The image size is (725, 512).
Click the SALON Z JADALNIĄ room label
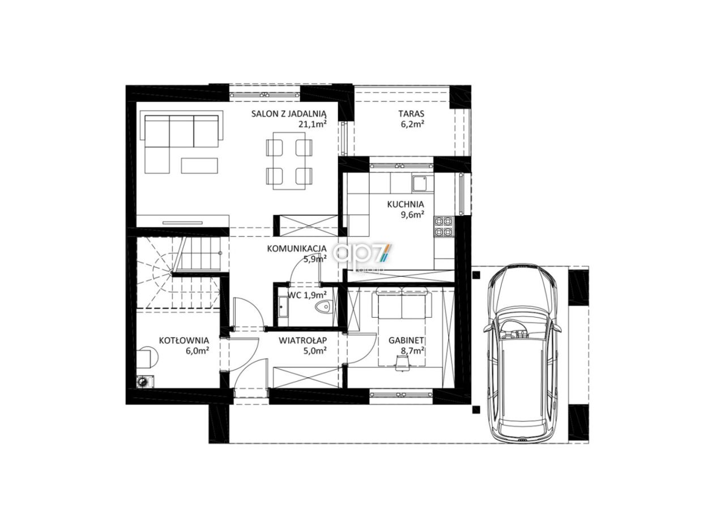coord(289,114)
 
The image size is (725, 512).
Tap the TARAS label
coord(411,114)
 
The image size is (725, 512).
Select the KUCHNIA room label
coord(406,204)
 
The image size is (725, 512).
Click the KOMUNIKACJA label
coord(297,248)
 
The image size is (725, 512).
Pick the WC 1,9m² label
coord(307,295)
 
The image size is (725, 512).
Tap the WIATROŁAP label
coord(302,340)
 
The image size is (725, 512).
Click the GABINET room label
coord(406,340)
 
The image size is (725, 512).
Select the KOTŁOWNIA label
coord(184,340)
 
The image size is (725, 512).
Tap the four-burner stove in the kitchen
coord(443,227)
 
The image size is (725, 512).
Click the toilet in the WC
coord(323,307)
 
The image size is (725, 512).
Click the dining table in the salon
coord(289,161)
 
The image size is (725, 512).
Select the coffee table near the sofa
coord(199,165)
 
